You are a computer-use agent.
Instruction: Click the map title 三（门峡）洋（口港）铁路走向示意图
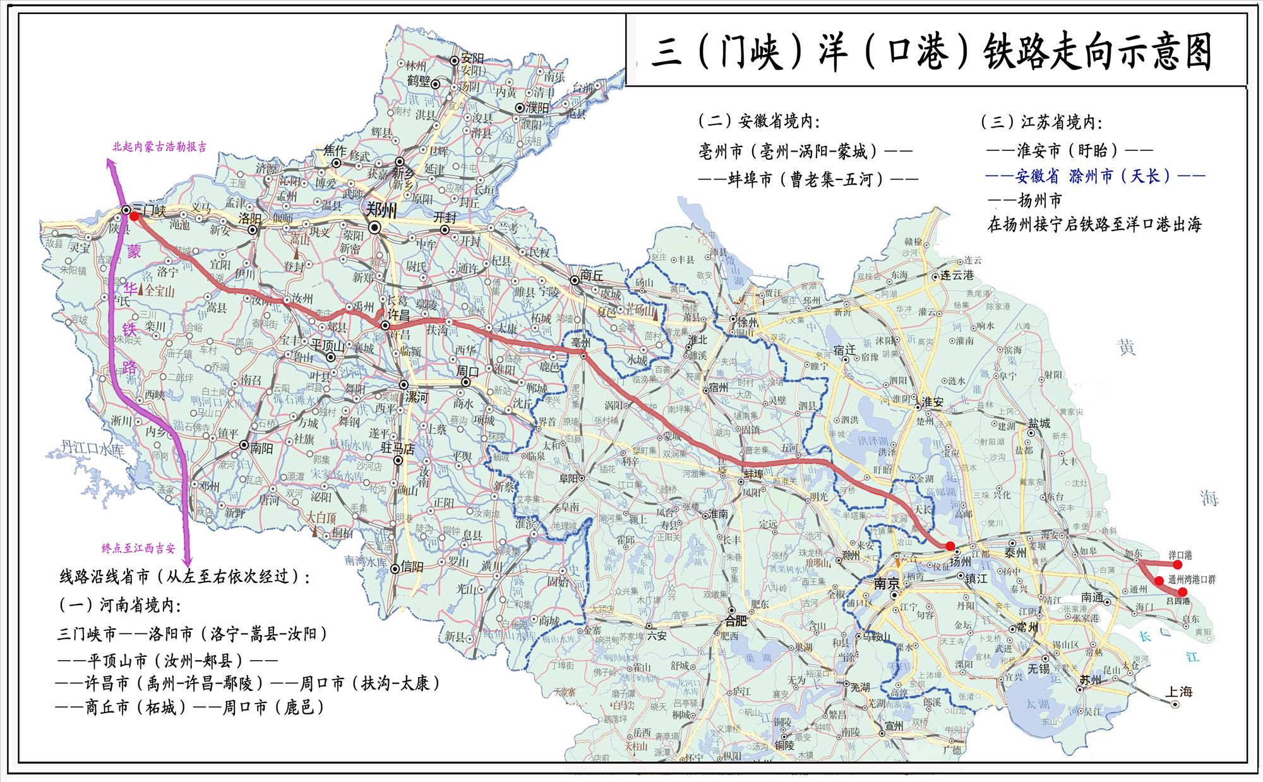(931, 52)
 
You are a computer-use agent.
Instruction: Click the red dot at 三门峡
(134, 216)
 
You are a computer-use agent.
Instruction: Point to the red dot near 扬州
(950, 546)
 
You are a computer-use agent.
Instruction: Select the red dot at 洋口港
(1177, 565)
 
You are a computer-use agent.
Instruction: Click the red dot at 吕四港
(1182, 592)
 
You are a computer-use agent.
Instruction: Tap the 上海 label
(1178, 692)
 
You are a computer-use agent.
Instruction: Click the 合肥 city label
(736, 620)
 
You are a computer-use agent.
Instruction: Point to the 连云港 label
(957, 275)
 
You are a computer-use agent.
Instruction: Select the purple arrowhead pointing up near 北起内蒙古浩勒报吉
(112, 165)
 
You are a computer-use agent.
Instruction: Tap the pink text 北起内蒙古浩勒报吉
(159, 147)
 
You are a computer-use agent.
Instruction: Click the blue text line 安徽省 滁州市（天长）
(1095, 176)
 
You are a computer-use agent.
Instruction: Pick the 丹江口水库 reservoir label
(92, 448)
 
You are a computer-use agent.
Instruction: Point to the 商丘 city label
(592, 275)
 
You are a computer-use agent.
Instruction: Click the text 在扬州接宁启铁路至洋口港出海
(1094, 224)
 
